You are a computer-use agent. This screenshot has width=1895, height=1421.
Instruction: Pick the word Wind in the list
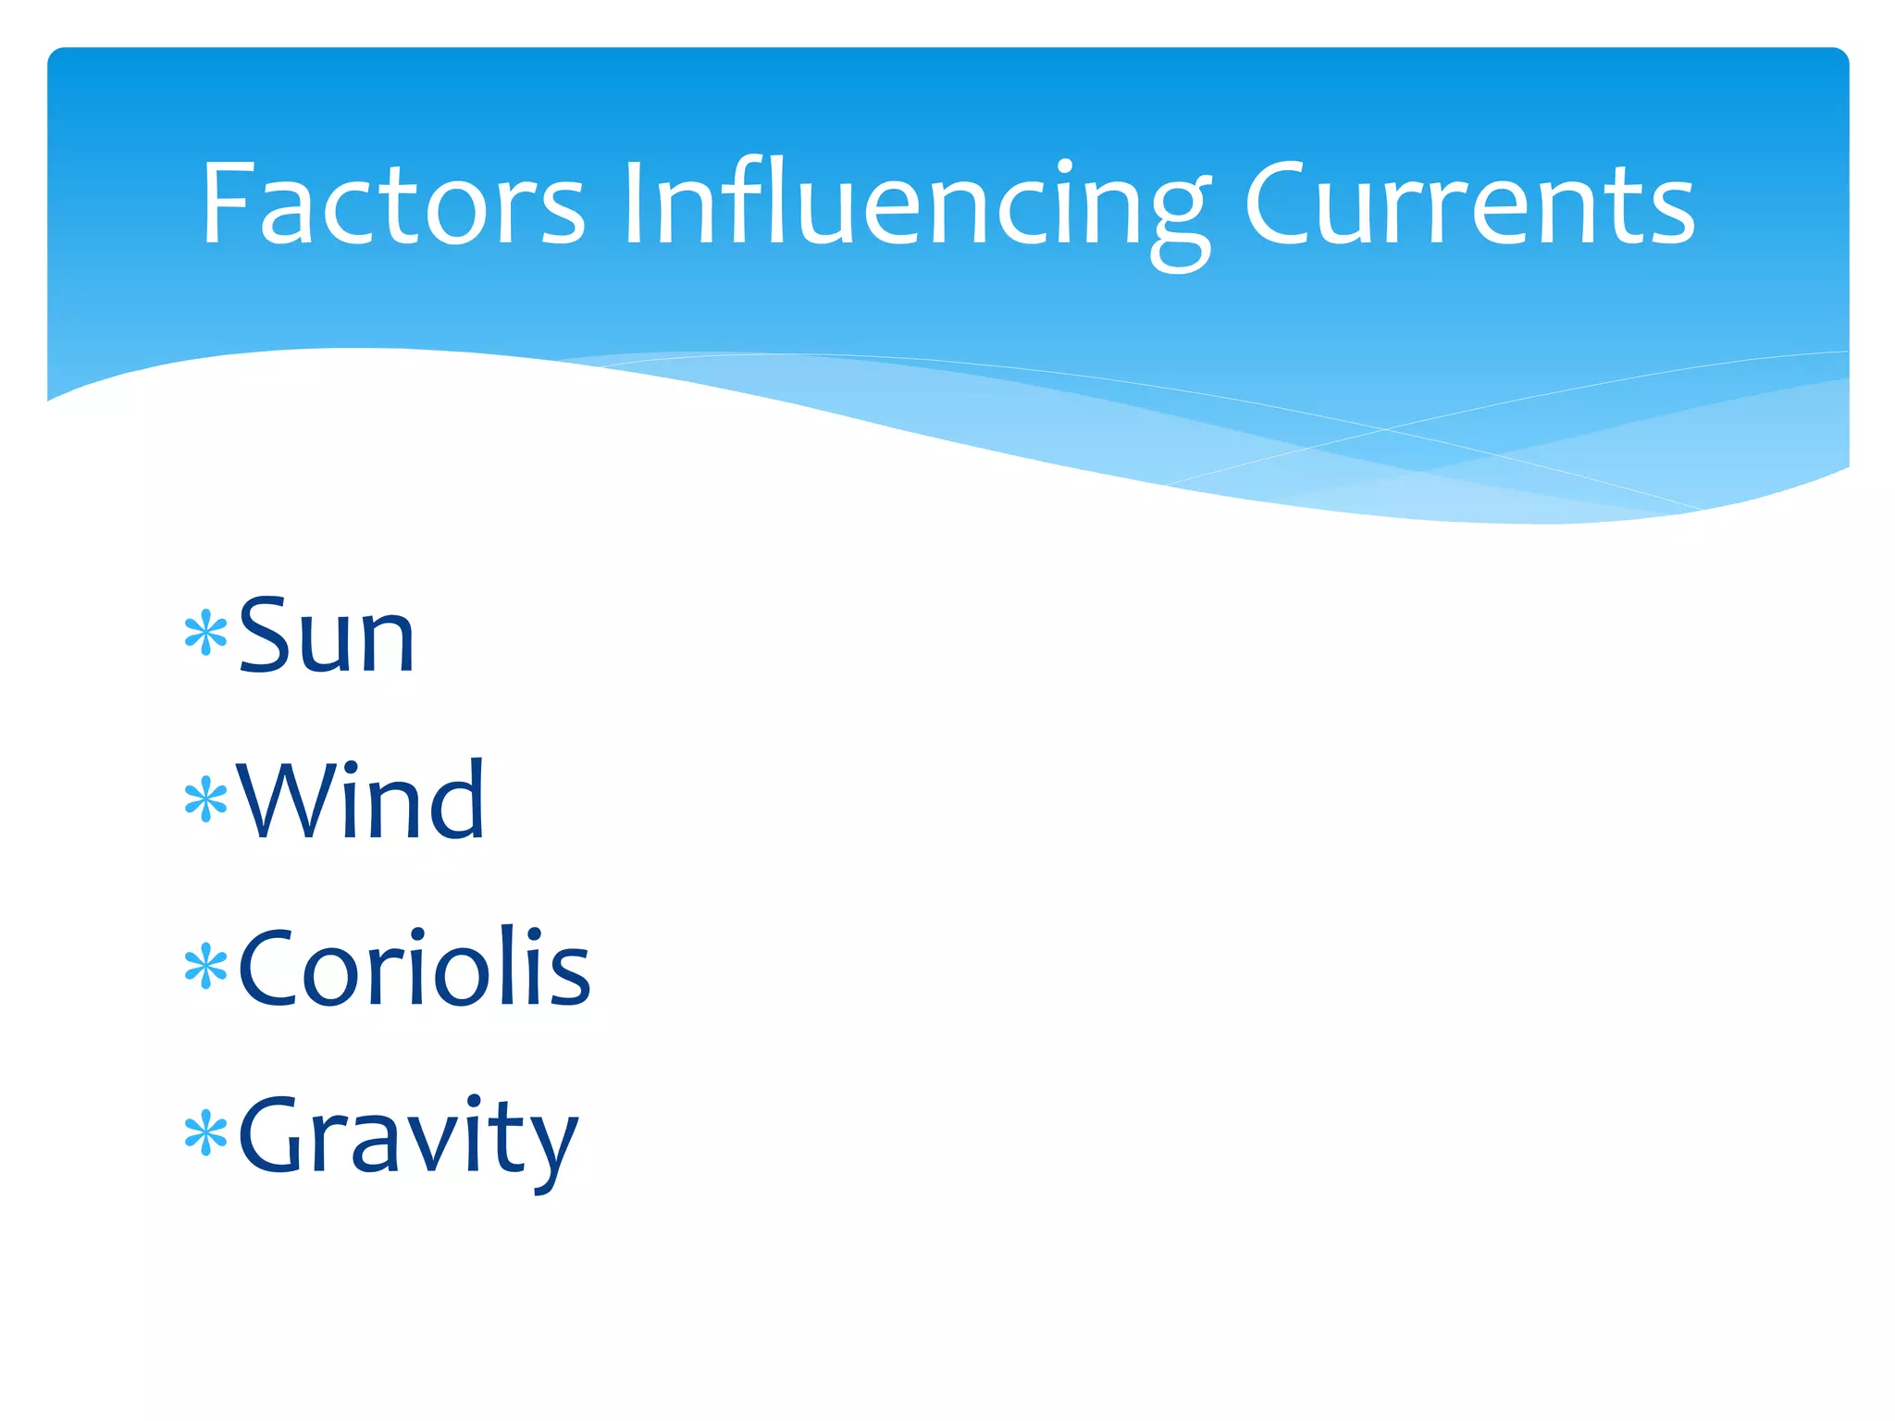(x=361, y=800)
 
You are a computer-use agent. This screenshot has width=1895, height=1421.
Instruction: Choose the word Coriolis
(x=414, y=968)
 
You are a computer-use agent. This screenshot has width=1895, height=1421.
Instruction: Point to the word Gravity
(x=408, y=1136)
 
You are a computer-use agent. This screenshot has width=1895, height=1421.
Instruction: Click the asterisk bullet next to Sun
(x=205, y=634)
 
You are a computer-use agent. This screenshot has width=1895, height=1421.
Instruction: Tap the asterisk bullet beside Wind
(x=205, y=800)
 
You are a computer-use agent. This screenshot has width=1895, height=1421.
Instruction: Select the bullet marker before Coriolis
(x=205, y=968)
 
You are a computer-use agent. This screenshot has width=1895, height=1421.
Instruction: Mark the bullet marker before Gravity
(x=205, y=1134)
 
